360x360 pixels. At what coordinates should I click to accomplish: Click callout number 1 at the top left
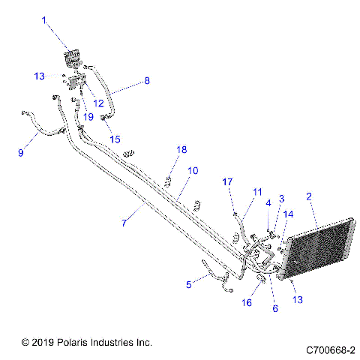pyautogui.click(x=43, y=19)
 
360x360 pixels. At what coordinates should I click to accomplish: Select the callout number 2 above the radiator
pyautogui.click(x=308, y=197)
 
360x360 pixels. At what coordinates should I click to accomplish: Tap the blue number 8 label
pyautogui.click(x=146, y=80)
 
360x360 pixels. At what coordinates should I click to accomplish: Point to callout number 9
pyautogui.click(x=21, y=153)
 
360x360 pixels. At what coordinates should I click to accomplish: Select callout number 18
pyautogui.click(x=181, y=150)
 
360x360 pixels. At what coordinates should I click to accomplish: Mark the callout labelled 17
pyautogui.click(x=228, y=181)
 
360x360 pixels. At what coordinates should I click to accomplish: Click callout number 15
pyautogui.click(x=115, y=139)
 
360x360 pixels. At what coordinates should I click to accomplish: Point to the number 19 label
pyautogui.click(x=88, y=117)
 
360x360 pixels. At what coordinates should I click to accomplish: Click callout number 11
pyautogui.click(x=257, y=193)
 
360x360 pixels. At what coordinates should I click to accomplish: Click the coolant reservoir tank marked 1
pyautogui.click(x=73, y=58)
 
